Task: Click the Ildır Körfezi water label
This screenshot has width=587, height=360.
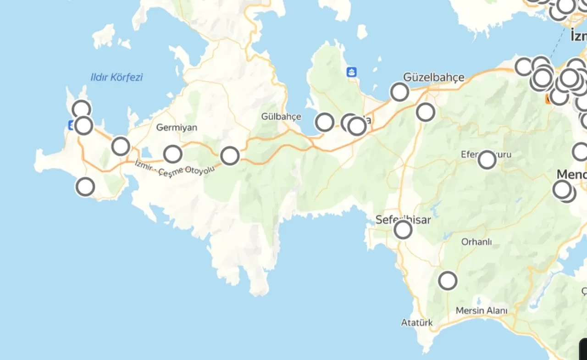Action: click(116, 77)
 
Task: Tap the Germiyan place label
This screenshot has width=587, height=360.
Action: click(177, 127)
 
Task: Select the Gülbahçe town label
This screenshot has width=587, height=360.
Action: click(281, 116)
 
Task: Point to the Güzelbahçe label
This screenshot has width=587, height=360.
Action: click(433, 77)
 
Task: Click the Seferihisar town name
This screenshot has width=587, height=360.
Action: click(403, 220)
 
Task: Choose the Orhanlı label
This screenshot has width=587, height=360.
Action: click(476, 242)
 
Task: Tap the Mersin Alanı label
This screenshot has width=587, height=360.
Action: click(482, 311)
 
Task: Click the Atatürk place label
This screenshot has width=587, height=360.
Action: click(417, 323)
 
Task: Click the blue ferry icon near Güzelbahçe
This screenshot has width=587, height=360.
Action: click(352, 72)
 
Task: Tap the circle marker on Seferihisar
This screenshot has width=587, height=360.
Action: click(403, 230)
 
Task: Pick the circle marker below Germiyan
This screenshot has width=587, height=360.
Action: click(173, 154)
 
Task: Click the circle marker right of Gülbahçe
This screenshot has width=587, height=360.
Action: click(325, 122)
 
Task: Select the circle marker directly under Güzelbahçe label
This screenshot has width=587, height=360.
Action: click(399, 92)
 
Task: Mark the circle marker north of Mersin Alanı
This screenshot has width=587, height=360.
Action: click(448, 281)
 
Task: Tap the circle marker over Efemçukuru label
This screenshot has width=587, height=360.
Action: click(487, 160)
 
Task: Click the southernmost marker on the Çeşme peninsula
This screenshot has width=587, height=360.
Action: click(85, 187)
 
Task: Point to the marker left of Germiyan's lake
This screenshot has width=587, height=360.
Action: click(121, 146)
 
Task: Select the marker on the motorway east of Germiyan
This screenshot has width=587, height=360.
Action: click(230, 156)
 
